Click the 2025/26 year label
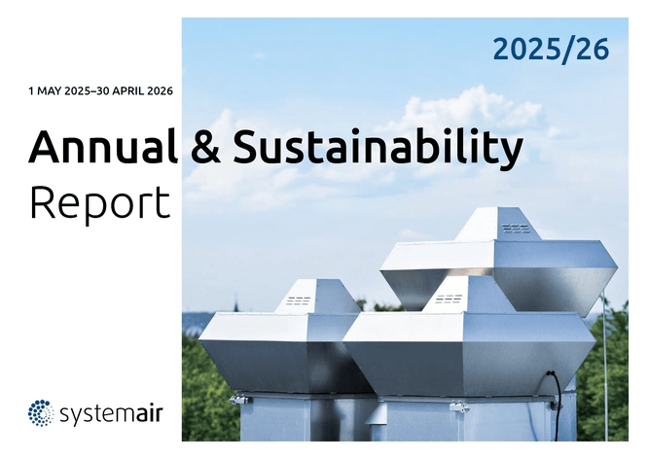pyautogui.click(x=551, y=50)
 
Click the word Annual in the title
pyautogui.click(x=103, y=147)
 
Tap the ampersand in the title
pyautogui.click(x=205, y=147)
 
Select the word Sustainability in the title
pyautogui.click(x=378, y=150)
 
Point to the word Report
pyautogui.click(x=100, y=204)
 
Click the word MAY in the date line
pyautogui.click(x=49, y=91)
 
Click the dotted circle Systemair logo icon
pyautogui.click(x=41, y=413)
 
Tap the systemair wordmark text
pyautogui.click(x=111, y=414)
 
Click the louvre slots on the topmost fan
pyautogui.click(x=516, y=228)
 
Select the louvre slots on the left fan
pyautogui.click(x=298, y=300)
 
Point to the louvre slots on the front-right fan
pyautogui.click(x=449, y=299)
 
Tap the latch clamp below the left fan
pyautogui.click(x=238, y=400)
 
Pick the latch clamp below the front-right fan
pyautogui.click(x=459, y=406)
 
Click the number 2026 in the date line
pyautogui.click(x=160, y=91)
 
